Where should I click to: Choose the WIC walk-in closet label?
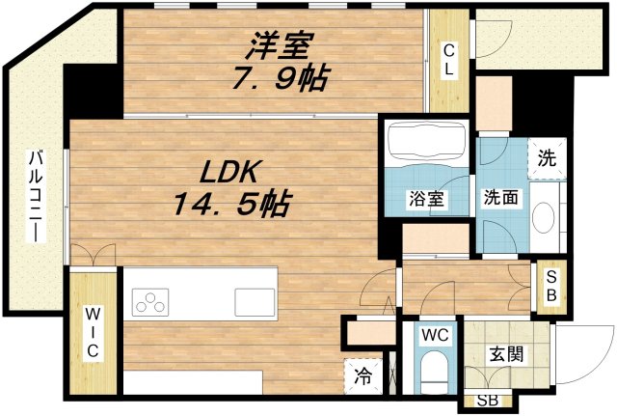[93, 332]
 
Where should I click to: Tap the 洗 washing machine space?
[547, 158]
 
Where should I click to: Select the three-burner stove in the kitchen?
[149, 302]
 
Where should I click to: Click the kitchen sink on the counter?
[255, 302]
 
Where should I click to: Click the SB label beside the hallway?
[551, 287]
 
